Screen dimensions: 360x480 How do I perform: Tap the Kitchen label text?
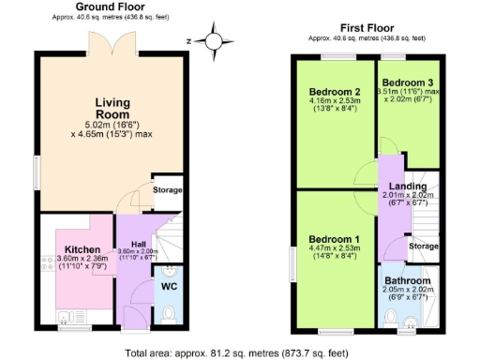[76, 249]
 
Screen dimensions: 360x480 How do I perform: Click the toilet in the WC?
[169, 312]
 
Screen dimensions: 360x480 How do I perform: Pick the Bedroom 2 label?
[336, 92]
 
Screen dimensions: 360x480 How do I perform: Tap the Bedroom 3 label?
[409, 82]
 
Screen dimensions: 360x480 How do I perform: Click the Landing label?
[408, 187]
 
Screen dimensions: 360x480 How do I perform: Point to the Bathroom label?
[408, 280]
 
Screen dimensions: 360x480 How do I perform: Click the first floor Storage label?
[424, 246]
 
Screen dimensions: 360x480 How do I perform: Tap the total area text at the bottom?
[242, 353]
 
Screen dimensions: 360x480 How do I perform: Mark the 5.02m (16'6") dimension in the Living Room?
[112, 124]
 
